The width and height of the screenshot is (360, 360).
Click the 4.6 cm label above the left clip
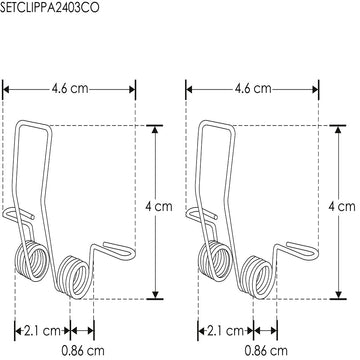tap(70, 88)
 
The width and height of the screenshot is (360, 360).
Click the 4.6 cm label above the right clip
tap(250, 88)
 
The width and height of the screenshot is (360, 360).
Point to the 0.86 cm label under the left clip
tap(82, 351)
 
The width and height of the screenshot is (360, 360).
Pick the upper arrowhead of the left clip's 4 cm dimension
tap(154, 129)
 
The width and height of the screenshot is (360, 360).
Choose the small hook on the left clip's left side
tap(10, 215)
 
